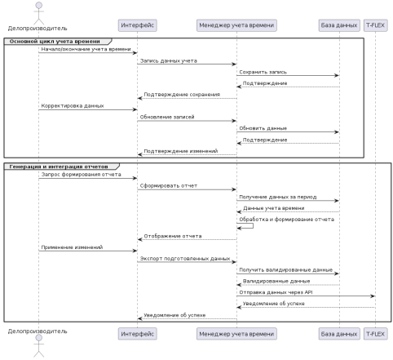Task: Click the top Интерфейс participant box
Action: tap(138, 25)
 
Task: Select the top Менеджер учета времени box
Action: tap(236, 25)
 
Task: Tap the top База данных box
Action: tap(339, 25)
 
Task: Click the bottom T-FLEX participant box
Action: tap(375, 334)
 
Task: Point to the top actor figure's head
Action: tap(39, 6)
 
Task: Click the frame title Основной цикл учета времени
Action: tap(55, 42)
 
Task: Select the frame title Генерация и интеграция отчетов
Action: tap(59, 167)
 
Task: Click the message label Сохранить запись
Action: tap(263, 72)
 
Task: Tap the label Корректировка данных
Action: tap(73, 106)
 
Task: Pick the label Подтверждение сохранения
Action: tap(182, 95)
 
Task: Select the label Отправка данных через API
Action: tap(276, 292)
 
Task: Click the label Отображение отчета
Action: tap(173, 236)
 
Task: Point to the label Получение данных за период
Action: tap(278, 197)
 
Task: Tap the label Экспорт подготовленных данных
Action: tap(185, 259)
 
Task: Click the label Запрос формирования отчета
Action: tap(82, 175)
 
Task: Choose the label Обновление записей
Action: tap(167, 117)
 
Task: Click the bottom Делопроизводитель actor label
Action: tap(38, 331)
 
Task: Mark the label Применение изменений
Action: tap(72, 247)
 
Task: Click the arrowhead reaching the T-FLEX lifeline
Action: tap(373, 296)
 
